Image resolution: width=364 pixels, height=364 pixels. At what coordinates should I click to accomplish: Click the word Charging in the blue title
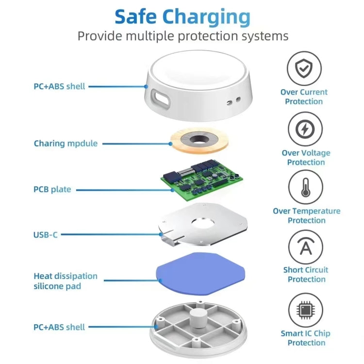[206, 17]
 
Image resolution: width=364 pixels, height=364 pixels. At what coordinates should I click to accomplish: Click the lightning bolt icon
[305, 130]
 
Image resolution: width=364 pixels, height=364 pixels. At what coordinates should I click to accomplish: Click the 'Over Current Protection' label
[304, 97]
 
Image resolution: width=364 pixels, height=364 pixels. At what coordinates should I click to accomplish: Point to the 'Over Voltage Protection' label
[305, 157]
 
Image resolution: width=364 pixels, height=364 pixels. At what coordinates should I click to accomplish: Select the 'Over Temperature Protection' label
[306, 215]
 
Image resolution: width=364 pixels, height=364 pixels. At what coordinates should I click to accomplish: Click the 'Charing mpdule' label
[66, 144]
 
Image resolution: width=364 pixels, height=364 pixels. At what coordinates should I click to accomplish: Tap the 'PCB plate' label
[52, 189]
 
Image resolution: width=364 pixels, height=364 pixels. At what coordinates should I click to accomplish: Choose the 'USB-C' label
[46, 235]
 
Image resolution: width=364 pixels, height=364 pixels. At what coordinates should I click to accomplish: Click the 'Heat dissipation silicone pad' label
[66, 281]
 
